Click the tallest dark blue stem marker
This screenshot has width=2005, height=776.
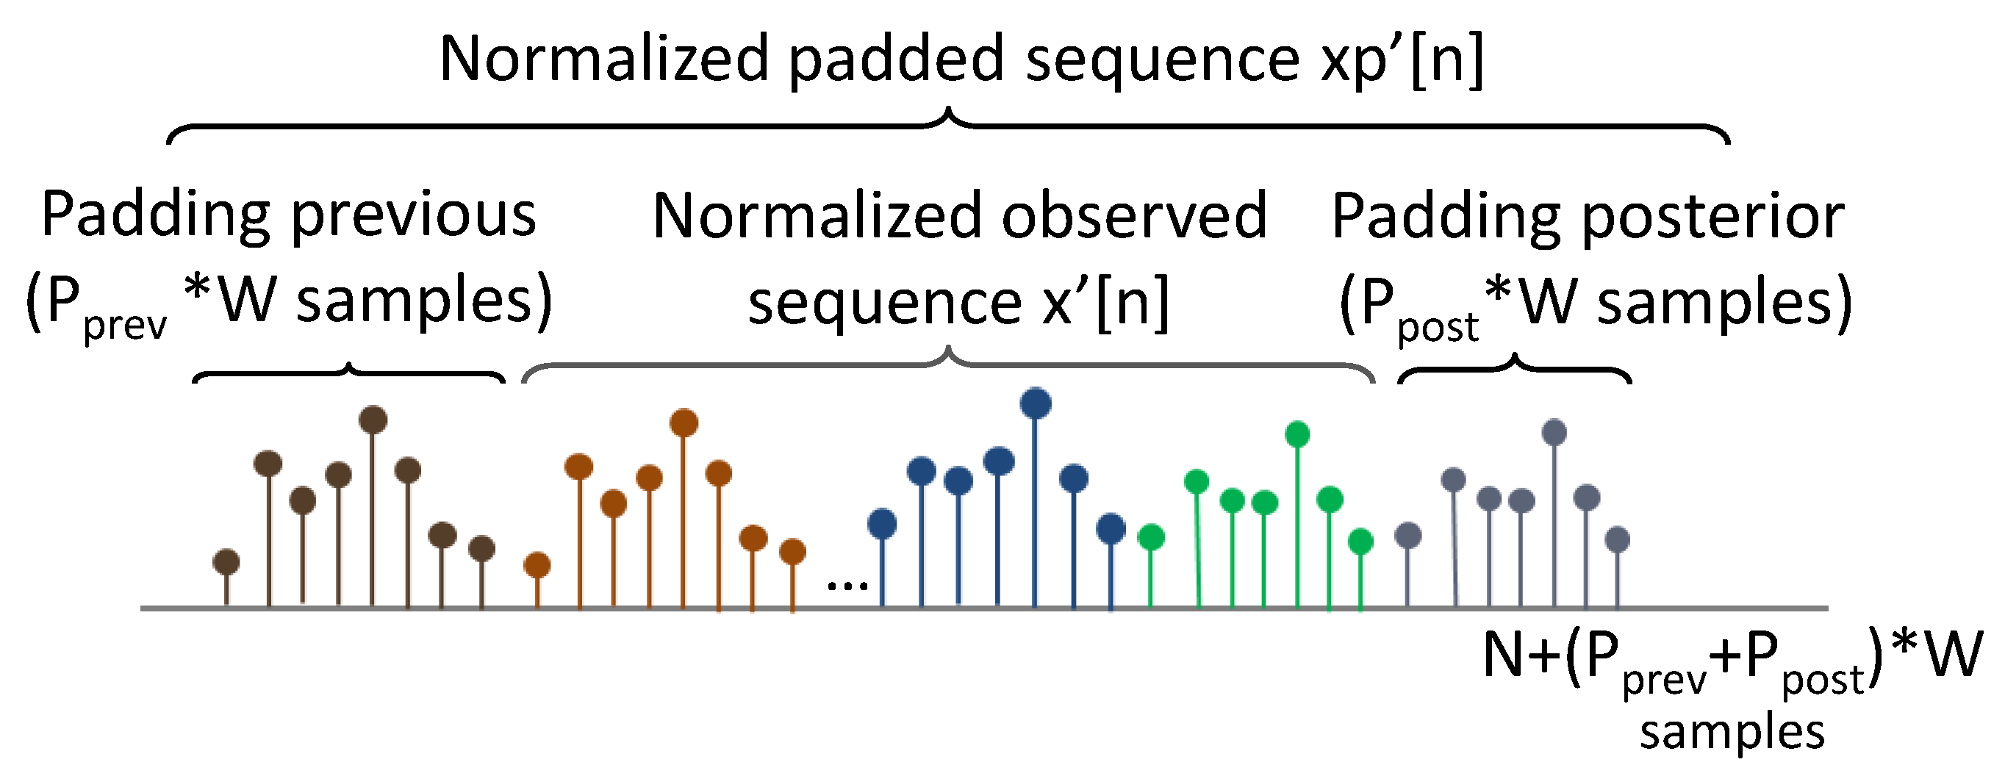(1035, 403)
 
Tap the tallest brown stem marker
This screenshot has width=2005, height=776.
(373, 420)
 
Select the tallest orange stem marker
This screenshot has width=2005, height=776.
(684, 423)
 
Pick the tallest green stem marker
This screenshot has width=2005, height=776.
(1296, 434)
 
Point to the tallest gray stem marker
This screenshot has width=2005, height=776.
(1554, 432)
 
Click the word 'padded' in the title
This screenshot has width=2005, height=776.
(896, 60)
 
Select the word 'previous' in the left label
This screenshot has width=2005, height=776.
(413, 215)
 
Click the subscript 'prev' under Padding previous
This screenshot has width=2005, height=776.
(124, 326)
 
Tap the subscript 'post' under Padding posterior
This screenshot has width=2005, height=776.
(1437, 327)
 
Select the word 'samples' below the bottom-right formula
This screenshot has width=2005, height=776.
(1732, 732)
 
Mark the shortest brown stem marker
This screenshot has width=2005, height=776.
(226, 561)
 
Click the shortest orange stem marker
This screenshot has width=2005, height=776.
(537, 565)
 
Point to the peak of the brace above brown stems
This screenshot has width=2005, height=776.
(348, 366)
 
